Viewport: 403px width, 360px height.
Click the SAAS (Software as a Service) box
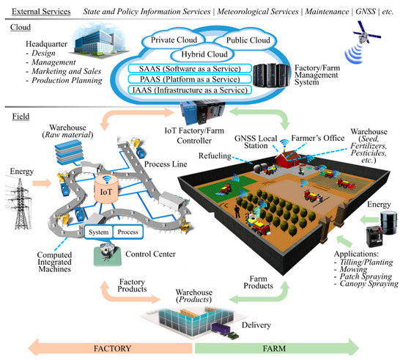(x=196, y=68)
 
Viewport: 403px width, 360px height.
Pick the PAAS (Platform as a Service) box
(x=196, y=81)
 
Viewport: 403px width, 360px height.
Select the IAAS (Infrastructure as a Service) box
(x=196, y=93)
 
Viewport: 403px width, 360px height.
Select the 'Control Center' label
(x=138, y=254)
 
